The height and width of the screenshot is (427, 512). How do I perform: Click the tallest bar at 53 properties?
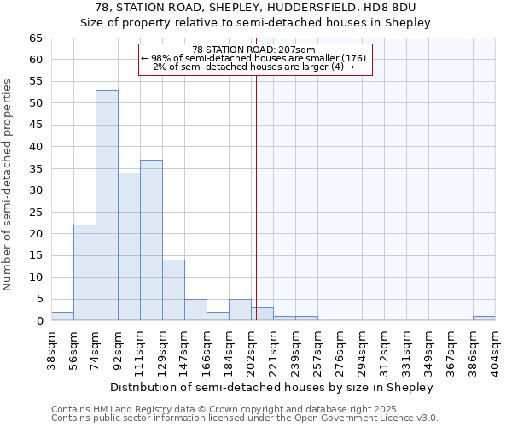coord(107,205)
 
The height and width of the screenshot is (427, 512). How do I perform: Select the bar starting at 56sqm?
coord(84,272)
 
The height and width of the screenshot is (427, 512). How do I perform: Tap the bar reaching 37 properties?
coord(151,240)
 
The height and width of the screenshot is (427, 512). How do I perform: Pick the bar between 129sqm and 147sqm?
coord(173,290)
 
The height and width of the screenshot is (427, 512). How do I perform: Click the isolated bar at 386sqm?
coord(484,319)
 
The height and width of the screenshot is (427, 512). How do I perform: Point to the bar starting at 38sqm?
coord(62,316)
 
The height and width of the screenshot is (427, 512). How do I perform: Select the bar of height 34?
coord(129,247)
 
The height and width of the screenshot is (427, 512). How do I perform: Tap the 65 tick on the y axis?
coord(35,38)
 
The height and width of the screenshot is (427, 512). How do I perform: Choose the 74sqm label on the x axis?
coord(96,346)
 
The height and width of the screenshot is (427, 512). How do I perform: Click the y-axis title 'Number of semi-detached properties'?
coord(8,184)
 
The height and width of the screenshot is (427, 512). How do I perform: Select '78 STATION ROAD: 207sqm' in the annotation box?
coord(254,50)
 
